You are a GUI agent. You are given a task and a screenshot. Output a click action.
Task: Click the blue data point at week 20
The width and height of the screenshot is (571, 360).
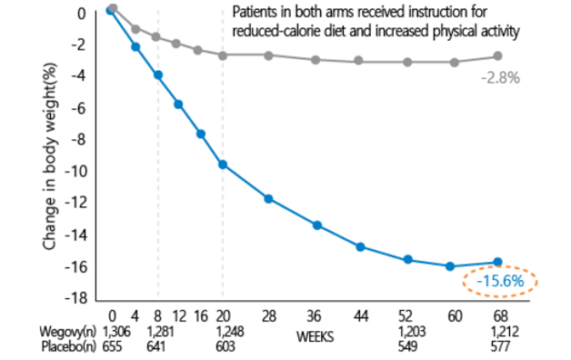pos(223,165)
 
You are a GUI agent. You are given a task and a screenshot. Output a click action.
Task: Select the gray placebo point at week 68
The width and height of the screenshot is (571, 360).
pos(497,56)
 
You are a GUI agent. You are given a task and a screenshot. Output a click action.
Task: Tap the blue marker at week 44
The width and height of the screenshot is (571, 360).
pos(360,247)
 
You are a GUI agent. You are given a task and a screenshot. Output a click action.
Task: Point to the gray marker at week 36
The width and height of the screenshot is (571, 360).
pos(316,60)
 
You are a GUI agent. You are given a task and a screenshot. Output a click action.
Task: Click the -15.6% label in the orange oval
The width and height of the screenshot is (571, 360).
pos(500,281)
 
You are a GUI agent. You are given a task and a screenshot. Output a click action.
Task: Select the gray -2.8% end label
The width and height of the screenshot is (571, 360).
pos(500,78)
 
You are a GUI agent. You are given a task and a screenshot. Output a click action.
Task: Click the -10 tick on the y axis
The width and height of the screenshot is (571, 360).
pos(76,171)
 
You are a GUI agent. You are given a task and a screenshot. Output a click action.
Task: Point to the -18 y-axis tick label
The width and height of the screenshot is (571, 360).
pos(76,298)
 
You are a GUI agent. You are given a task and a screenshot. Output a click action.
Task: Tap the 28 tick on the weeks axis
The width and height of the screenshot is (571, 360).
pos(269,316)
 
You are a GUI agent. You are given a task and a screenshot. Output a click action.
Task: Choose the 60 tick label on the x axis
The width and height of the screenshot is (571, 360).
pos(455,316)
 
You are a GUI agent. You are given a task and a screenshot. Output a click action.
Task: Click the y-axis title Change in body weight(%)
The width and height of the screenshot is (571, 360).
pos(49,156)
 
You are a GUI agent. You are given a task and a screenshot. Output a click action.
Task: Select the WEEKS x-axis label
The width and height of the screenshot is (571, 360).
pos(315,337)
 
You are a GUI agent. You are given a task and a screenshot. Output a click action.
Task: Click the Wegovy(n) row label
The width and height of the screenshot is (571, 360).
pos(67,332)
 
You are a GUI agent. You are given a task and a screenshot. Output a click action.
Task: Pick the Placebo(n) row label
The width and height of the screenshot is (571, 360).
pos(69,347)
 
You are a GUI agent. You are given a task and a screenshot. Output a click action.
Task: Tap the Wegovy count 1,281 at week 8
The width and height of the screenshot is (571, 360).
pos(160,332)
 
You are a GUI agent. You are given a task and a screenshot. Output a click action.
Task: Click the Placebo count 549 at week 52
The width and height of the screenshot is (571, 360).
pos(407,346)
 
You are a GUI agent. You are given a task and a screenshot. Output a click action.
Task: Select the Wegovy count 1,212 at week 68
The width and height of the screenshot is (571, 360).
pos(505,332)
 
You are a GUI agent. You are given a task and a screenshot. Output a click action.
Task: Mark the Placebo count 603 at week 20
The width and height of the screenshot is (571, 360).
pos(225,346)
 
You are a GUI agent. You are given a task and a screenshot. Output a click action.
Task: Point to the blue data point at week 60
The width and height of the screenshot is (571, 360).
pos(450,266)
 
